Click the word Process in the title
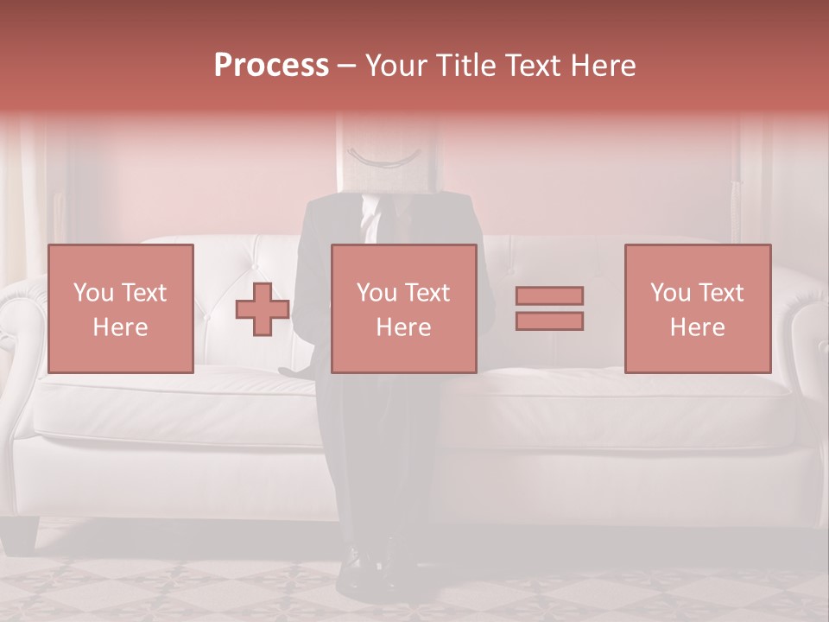pyautogui.click(x=271, y=66)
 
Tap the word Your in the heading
pyautogui.click(x=396, y=66)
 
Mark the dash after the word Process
pyautogui.click(x=345, y=67)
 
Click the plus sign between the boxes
pyautogui.click(x=263, y=309)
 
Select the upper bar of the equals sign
pyautogui.click(x=549, y=295)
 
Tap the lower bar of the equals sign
pyautogui.click(x=549, y=321)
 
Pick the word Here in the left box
pyautogui.click(x=120, y=327)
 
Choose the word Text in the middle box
pyautogui.click(x=427, y=293)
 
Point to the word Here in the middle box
pyautogui.click(x=403, y=327)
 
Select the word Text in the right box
pyautogui.click(x=721, y=293)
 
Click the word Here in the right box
pyautogui.click(x=697, y=327)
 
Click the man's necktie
pyautogui.click(x=371, y=220)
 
